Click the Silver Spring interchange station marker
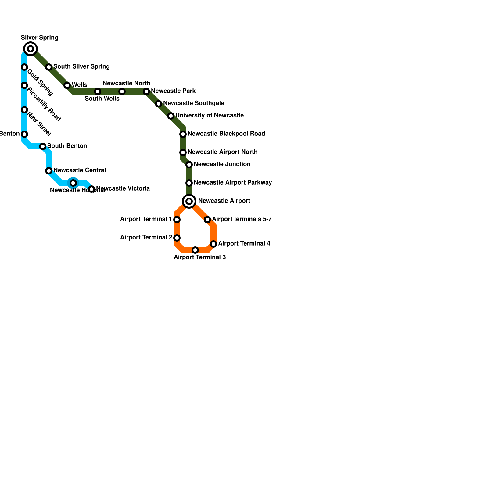point(30,49)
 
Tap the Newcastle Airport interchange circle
point(189,201)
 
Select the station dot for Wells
point(67,85)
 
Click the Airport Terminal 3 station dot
point(195,250)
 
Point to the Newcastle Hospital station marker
point(73,183)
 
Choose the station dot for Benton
point(24,134)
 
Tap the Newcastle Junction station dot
point(189,165)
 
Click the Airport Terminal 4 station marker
point(213,244)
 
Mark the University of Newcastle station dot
point(171,116)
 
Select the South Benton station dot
point(43,146)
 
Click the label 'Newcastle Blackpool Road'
point(226,134)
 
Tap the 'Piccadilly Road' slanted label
point(44,104)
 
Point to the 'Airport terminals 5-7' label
point(242,219)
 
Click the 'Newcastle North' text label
point(126,84)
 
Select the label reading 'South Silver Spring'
point(81,67)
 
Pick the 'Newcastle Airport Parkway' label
point(233,183)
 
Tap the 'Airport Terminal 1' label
point(146,219)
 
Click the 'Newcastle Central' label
point(80,170)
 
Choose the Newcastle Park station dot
point(146,91)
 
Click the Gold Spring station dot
point(24,67)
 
